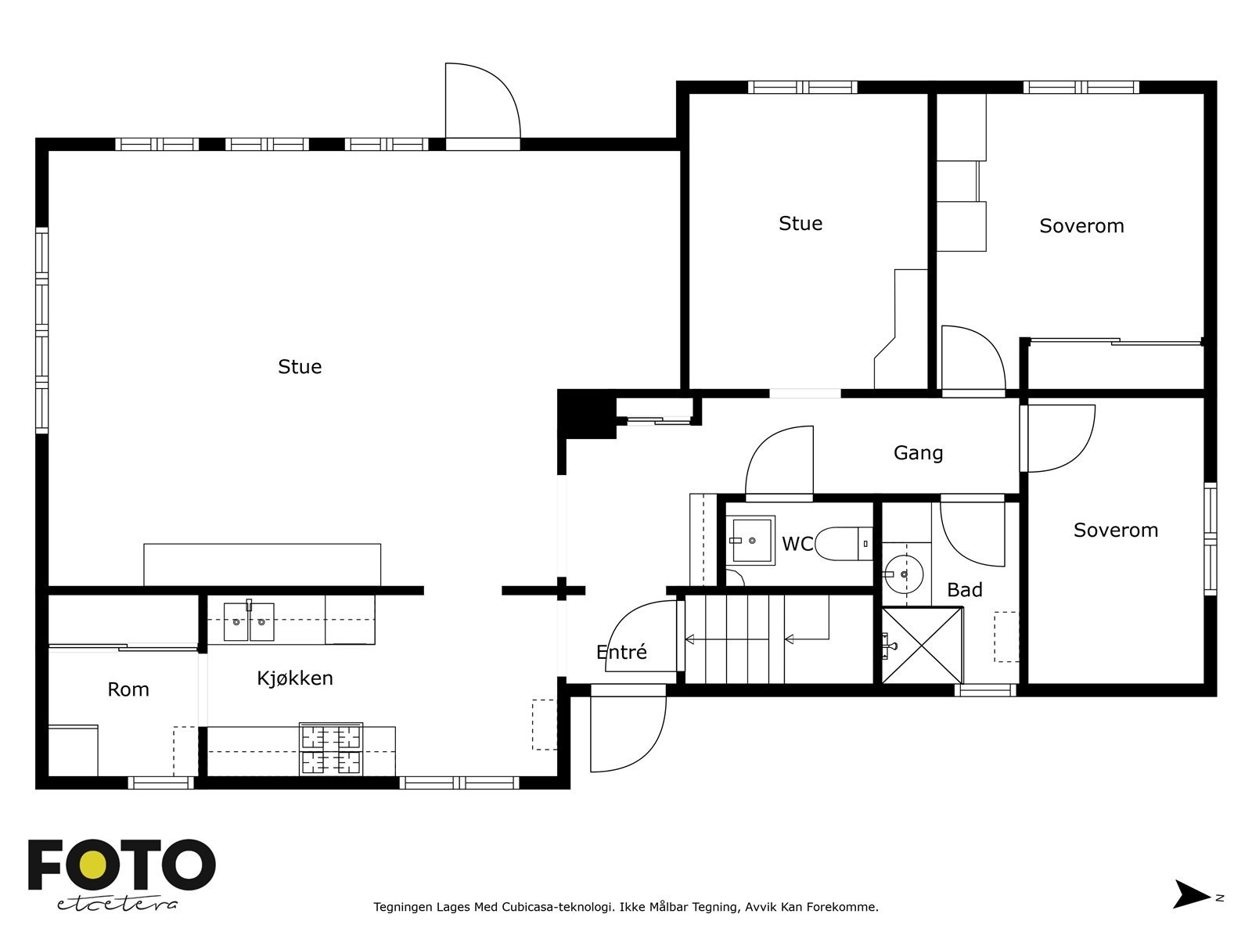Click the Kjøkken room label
click(295, 678)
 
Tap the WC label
click(797, 544)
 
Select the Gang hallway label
click(918, 453)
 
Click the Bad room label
click(964, 590)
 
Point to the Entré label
click(621, 652)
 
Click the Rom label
click(128, 689)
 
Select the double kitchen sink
click(249, 622)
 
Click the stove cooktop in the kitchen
click(331, 750)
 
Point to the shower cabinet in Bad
click(922, 646)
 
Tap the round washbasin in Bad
click(905, 574)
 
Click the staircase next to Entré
click(755, 639)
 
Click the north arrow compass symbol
click(1191, 894)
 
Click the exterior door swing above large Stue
click(481, 102)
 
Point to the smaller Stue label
click(800, 224)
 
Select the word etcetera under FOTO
click(117, 904)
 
